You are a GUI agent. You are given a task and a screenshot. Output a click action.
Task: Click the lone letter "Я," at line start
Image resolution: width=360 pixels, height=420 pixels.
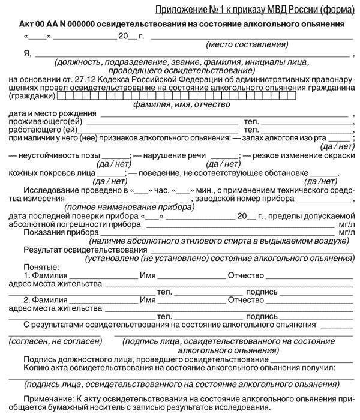tap(27, 55)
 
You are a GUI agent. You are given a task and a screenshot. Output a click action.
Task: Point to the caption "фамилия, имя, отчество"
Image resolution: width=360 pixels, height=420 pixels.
tap(181, 104)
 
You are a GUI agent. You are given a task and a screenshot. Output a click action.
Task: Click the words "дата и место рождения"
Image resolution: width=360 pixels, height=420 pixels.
tap(53, 113)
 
